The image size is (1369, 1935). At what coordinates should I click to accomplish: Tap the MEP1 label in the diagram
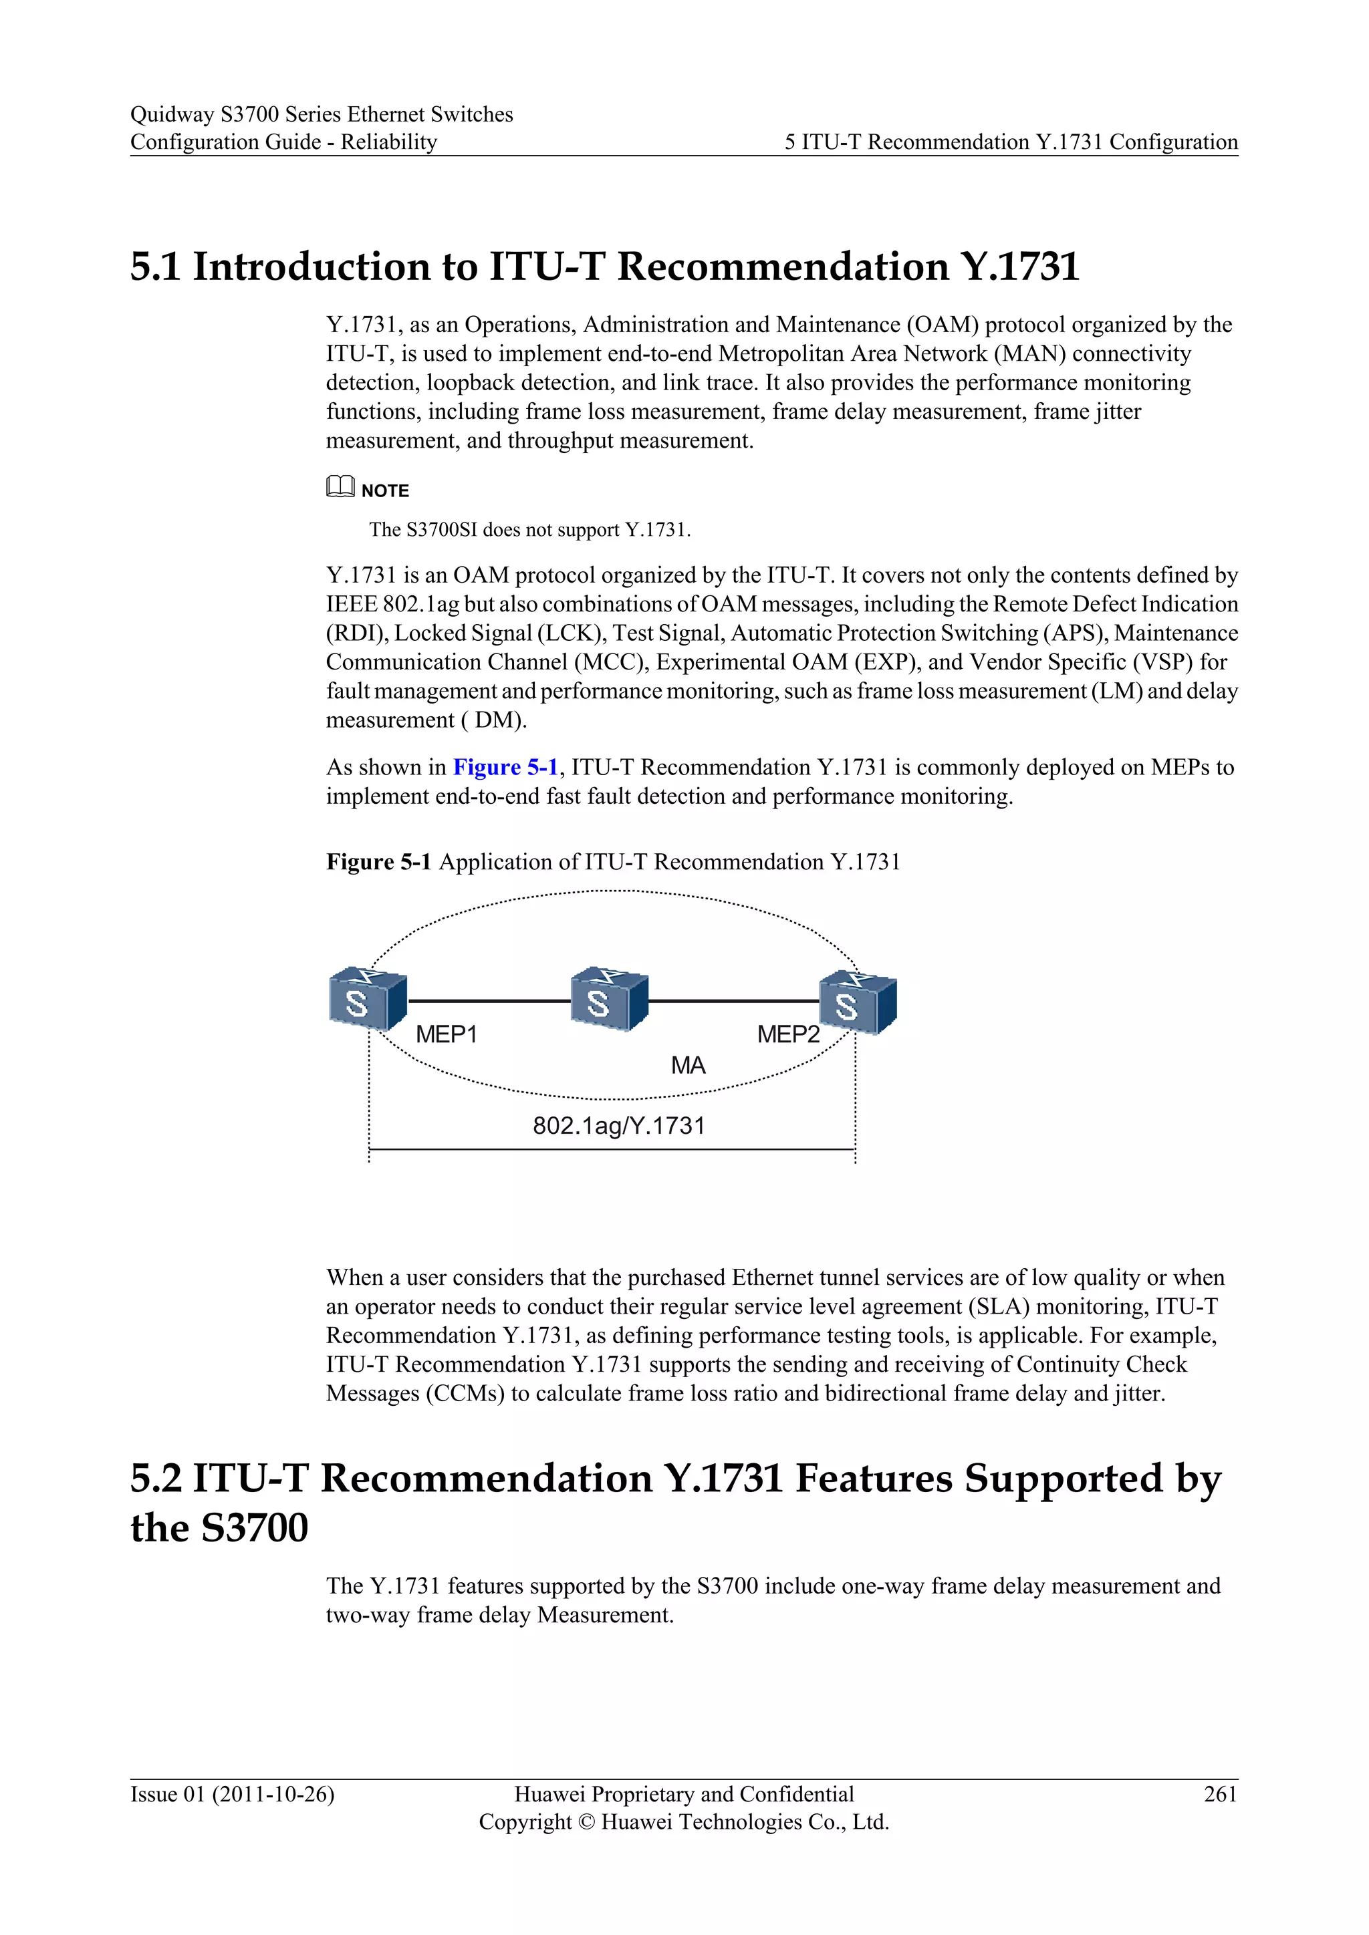click(446, 1034)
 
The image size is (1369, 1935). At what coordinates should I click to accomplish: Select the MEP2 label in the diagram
click(787, 1034)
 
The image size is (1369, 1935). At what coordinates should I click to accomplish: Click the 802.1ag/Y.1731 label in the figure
click(619, 1126)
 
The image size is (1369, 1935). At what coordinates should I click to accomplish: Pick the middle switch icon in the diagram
click(609, 1000)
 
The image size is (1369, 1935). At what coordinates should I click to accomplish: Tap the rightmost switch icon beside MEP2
click(858, 1002)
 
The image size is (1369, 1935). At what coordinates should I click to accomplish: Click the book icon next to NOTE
click(340, 487)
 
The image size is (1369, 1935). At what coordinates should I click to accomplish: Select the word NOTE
click(385, 490)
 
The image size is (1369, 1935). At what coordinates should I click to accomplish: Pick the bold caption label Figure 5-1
click(378, 862)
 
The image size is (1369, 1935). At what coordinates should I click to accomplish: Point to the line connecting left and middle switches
click(489, 1001)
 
